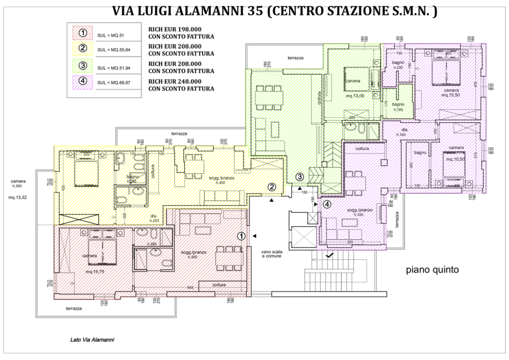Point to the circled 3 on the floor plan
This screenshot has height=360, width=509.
coord(300,177)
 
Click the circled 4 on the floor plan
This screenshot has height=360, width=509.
coord(326,204)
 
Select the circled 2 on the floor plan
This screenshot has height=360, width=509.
coord(272,186)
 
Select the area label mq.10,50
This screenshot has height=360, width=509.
coord(455,159)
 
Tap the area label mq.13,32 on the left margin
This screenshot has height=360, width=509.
coord(16,198)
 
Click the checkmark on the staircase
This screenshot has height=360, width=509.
coord(330,256)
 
